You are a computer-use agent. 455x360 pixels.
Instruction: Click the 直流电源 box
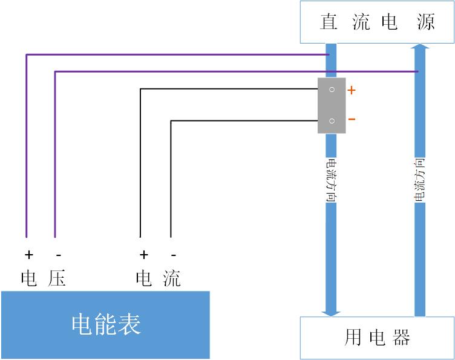[x=377, y=22]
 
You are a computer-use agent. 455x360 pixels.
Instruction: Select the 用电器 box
[x=377, y=337]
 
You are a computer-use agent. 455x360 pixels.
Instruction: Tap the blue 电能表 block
[x=106, y=325]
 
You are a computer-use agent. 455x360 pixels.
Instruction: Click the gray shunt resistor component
[x=332, y=105]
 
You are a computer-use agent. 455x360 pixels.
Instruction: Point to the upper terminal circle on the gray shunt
[x=332, y=90]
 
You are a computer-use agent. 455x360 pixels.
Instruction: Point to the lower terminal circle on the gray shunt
[x=332, y=121]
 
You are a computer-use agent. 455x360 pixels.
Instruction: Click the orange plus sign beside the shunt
[x=352, y=91]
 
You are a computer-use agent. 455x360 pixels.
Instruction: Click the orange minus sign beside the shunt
[x=352, y=119]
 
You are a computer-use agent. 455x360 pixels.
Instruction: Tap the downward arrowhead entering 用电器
[x=331, y=312]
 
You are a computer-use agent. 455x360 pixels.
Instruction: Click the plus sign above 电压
[x=28, y=255]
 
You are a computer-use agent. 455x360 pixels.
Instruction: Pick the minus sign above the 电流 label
[x=174, y=255]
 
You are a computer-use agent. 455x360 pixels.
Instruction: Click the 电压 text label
[x=43, y=278]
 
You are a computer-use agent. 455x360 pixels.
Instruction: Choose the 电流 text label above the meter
[x=159, y=278]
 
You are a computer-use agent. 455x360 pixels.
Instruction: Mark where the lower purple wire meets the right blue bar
[x=418, y=71]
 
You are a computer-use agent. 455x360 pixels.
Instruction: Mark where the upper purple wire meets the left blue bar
[x=329, y=54]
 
